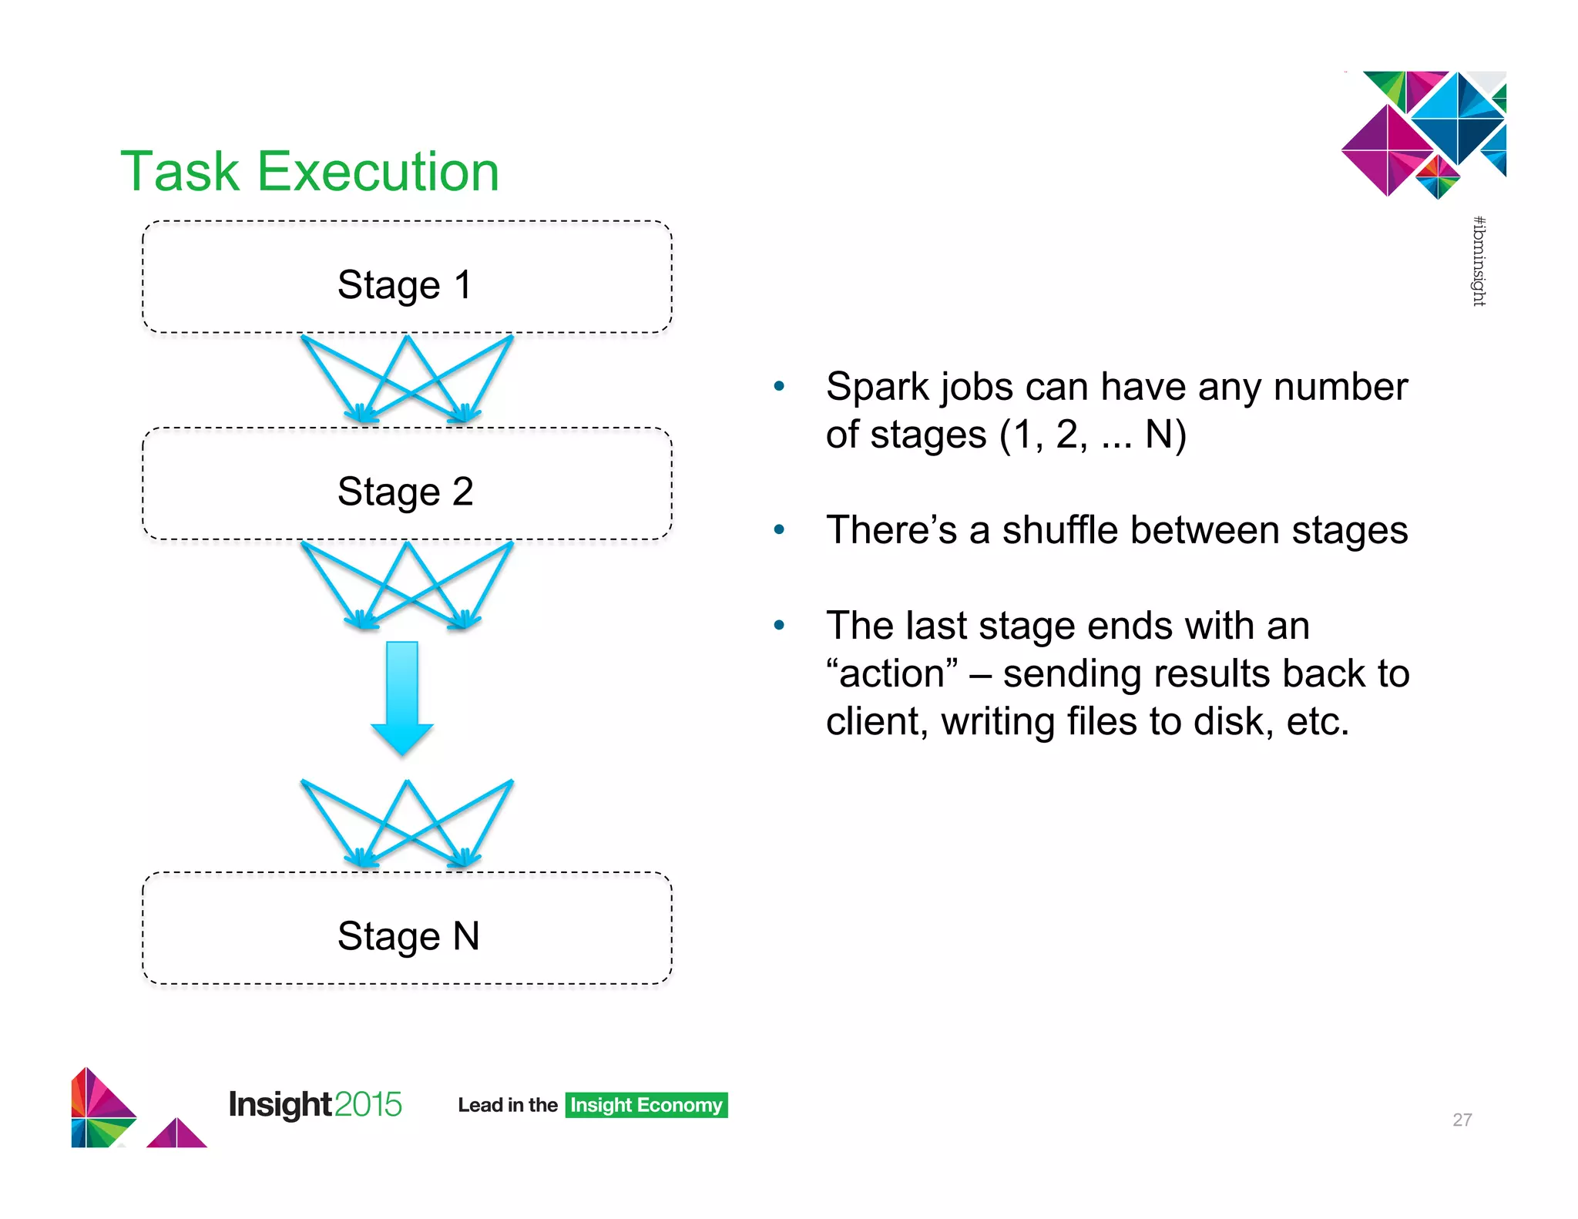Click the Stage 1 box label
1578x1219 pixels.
point(405,285)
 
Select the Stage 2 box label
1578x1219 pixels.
point(405,492)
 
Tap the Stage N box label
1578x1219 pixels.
point(408,936)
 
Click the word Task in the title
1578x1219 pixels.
point(180,171)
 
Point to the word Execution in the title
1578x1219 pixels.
point(378,171)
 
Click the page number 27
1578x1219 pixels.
point(1462,1120)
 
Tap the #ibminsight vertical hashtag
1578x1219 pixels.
point(1479,261)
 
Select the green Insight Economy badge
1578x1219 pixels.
point(646,1105)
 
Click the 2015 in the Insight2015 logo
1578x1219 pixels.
point(368,1104)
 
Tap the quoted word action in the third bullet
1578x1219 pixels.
point(892,673)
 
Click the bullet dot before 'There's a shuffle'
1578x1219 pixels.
point(779,529)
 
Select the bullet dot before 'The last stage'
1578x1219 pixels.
point(779,625)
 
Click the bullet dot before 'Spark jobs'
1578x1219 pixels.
point(779,386)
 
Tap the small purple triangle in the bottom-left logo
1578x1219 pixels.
point(176,1134)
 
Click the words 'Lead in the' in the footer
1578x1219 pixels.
point(507,1105)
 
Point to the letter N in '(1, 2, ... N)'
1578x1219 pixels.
point(1160,434)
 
